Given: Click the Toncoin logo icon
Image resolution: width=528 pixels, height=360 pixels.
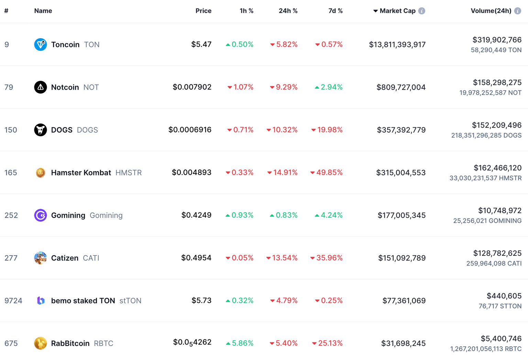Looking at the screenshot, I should [x=41, y=44].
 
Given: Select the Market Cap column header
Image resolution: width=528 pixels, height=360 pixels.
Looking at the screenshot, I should [x=397, y=11].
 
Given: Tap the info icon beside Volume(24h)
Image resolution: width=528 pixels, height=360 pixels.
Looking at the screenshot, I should [x=517, y=11].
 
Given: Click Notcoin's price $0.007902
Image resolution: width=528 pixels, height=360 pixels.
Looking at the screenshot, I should [x=192, y=87].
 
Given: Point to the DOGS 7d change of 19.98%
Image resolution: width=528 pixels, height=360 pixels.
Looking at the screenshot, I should [x=329, y=130].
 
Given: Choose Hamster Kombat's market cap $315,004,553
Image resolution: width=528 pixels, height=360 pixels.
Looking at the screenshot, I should [x=401, y=173].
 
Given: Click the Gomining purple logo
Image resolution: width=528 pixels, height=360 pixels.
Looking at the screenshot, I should [x=41, y=215].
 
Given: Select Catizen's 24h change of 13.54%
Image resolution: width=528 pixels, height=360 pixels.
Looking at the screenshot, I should [x=284, y=258].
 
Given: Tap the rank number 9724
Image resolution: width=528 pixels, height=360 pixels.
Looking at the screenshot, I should [x=13, y=301].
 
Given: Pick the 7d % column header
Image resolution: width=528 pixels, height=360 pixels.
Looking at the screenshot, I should [x=335, y=11].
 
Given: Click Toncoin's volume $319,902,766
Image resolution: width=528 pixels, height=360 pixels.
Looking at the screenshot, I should [x=497, y=40].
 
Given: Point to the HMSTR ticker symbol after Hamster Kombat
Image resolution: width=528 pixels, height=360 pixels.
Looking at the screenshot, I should [x=129, y=173].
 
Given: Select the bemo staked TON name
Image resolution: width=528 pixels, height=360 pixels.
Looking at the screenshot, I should [x=83, y=301].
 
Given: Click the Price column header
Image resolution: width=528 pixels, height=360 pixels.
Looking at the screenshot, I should [x=203, y=11].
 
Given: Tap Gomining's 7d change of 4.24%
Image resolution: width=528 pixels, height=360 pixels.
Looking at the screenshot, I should [x=331, y=215].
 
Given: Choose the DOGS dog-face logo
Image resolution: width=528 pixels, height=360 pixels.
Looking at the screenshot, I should [x=41, y=130].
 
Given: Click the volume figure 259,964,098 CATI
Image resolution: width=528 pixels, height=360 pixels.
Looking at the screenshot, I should [x=494, y=263].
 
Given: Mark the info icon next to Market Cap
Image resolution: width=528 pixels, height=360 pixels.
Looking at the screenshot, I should [x=421, y=11].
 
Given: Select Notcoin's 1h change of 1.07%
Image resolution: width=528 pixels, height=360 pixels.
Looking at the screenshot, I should [x=243, y=87].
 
